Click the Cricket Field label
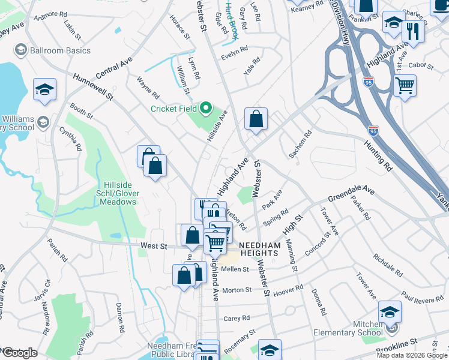174,109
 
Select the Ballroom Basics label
60,50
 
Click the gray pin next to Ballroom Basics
21,50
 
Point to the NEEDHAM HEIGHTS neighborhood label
259,250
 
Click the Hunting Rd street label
377,156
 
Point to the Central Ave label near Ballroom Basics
113,67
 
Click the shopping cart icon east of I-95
405,85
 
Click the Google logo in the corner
20,353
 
